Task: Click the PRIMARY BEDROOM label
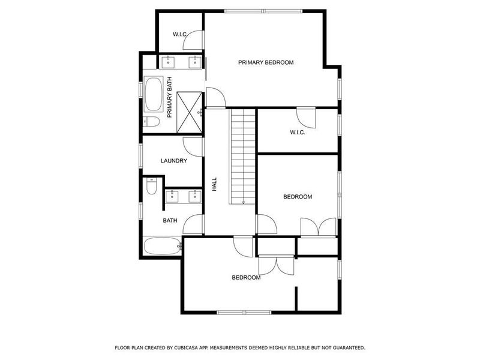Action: click(x=265, y=62)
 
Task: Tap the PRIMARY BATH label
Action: click(x=170, y=97)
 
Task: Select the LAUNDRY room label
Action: click(x=174, y=161)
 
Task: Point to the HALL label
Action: click(x=214, y=184)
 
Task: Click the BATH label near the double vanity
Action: click(x=170, y=221)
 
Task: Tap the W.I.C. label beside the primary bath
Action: click(x=180, y=34)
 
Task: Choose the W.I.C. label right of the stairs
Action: click(x=298, y=133)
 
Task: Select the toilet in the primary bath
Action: click(x=151, y=122)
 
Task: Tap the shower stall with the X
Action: click(x=191, y=111)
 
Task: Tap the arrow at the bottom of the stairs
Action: click(x=244, y=202)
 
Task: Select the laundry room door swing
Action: click(x=193, y=145)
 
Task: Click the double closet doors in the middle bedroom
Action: click(x=318, y=228)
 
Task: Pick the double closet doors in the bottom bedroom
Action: click(x=276, y=265)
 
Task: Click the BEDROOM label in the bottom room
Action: click(x=246, y=277)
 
